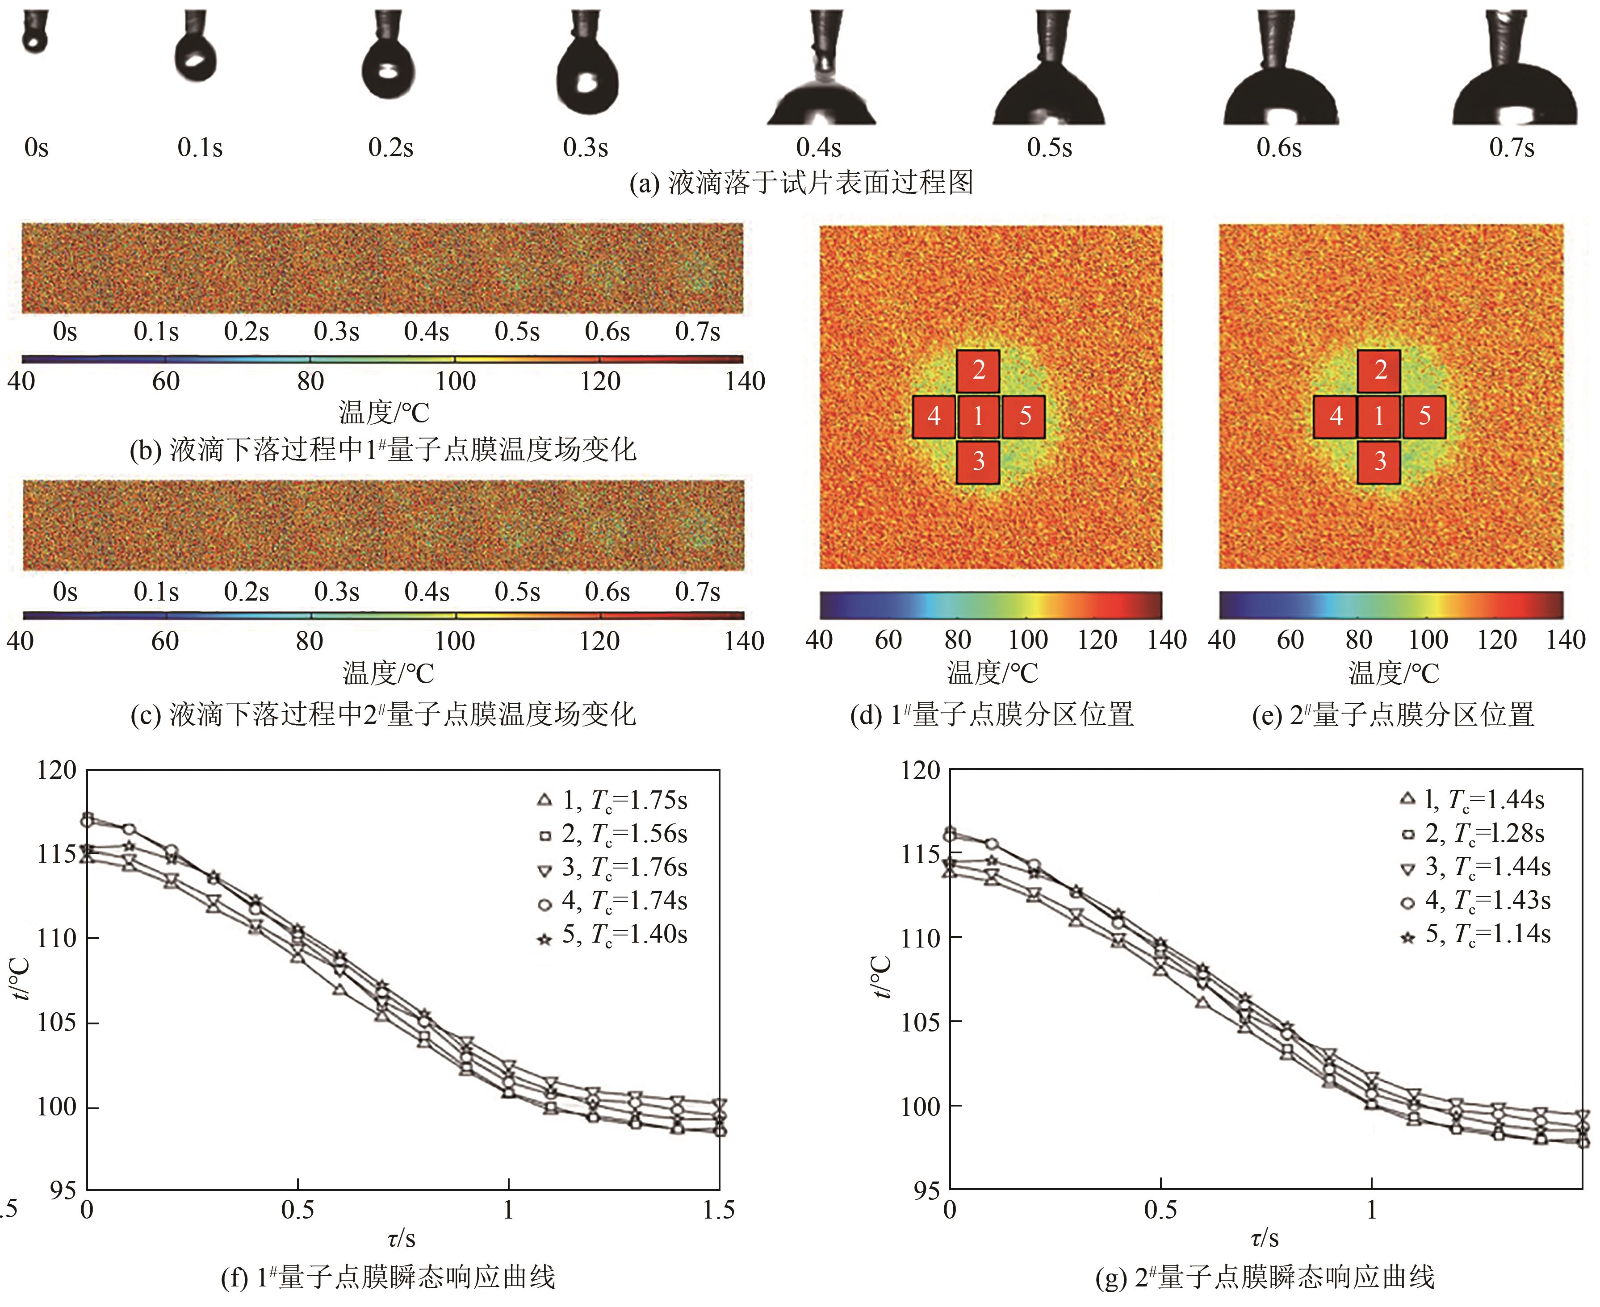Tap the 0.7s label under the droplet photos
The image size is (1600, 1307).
click(x=1511, y=147)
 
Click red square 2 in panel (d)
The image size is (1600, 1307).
click(x=978, y=370)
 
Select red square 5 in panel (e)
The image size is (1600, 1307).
click(x=1424, y=416)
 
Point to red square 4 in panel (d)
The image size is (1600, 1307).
click(x=934, y=416)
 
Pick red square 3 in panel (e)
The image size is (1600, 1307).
click(x=1379, y=461)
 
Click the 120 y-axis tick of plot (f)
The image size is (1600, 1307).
click(x=57, y=770)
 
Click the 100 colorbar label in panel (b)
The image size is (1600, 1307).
click(x=456, y=381)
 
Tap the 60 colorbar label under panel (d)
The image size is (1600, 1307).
click(x=888, y=640)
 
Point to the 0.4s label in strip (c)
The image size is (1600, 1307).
click(x=427, y=592)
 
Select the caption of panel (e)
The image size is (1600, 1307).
click(x=1393, y=714)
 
